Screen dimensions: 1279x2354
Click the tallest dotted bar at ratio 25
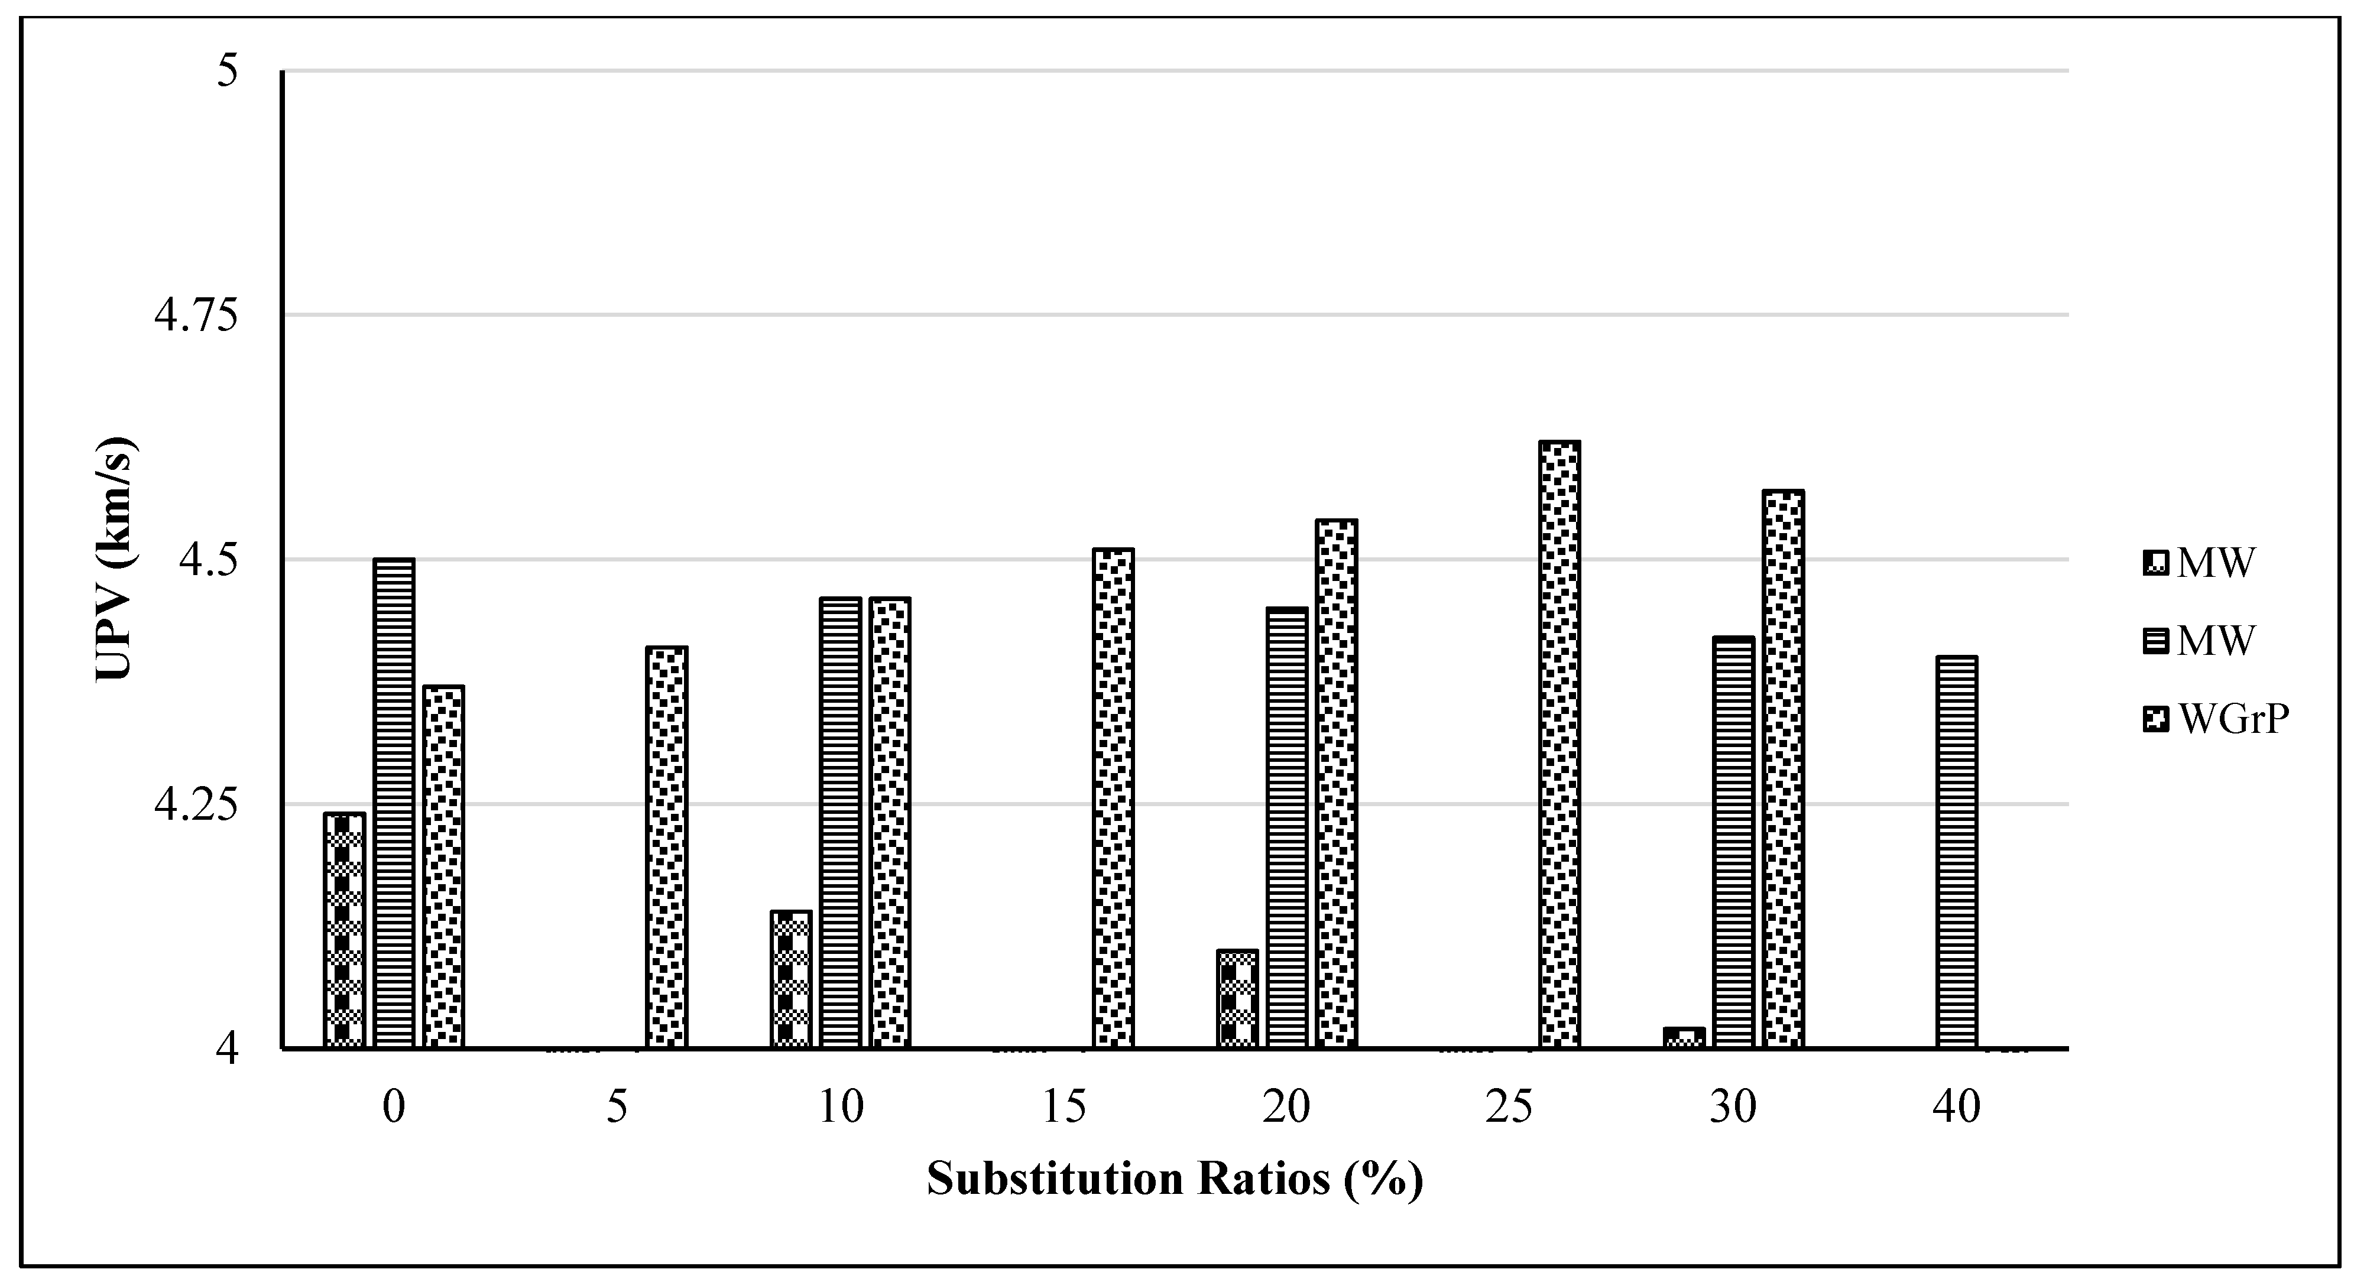tap(1559, 745)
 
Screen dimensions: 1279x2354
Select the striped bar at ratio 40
tap(1957, 852)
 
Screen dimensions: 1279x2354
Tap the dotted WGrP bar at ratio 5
tap(666, 847)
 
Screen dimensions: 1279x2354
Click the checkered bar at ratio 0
tap(345, 930)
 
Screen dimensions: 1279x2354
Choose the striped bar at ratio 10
tap(841, 822)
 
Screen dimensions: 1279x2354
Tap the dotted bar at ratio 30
tap(1783, 769)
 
